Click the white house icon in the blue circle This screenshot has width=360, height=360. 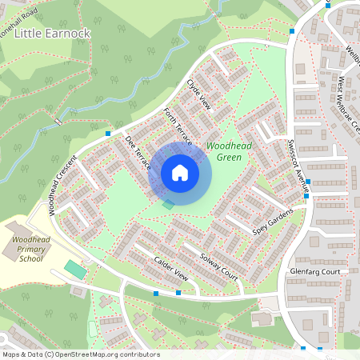click(x=180, y=173)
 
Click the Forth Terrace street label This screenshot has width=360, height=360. click(x=178, y=126)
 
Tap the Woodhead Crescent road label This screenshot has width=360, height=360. click(x=65, y=184)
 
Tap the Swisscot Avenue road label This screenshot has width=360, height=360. click(x=298, y=160)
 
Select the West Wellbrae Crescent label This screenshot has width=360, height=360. click(x=350, y=104)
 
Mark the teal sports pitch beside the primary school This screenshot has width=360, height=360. click(x=74, y=270)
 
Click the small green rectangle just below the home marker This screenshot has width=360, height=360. click(x=168, y=206)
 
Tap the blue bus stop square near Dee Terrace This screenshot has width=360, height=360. click(x=108, y=133)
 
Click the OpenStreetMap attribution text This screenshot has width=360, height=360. click(x=81, y=354)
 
